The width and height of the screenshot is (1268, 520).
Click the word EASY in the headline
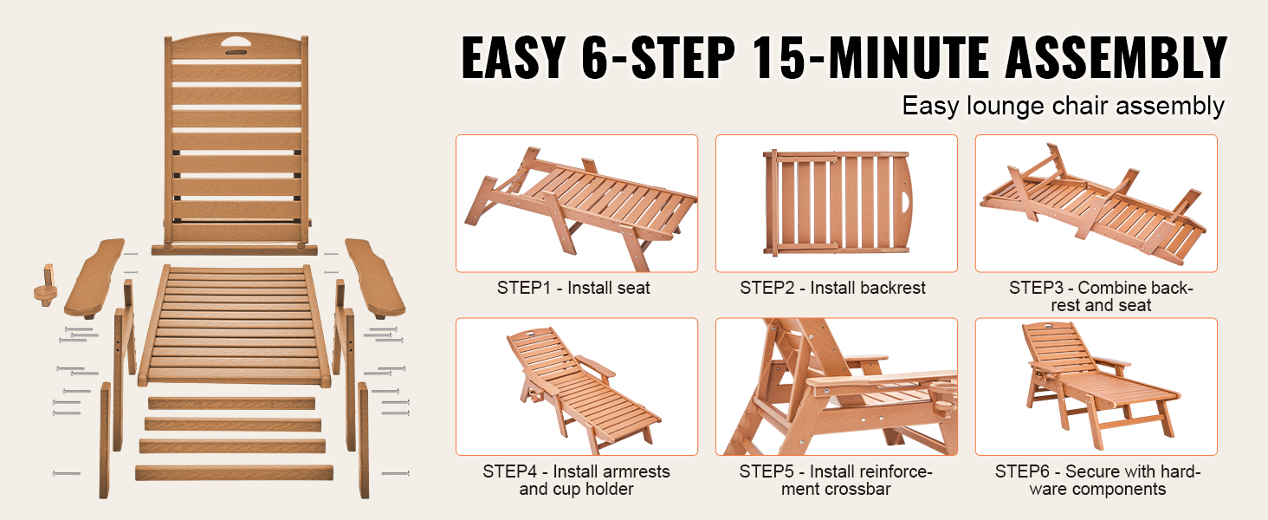[x=514, y=57]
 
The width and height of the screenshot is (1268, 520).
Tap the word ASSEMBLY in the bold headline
[x=1116, y=57]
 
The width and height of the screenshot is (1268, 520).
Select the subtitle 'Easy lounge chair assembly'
[x=1063, y=106]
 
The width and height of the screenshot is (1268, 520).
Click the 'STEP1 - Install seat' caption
[x=573, y=288]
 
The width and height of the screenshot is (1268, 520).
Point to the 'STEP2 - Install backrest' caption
[x=832, y=288]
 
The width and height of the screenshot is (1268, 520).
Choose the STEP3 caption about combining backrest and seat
[x=1101, y=296]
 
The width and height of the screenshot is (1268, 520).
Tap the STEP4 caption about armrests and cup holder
[x=576, y=480]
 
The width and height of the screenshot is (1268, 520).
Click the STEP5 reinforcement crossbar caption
[x=836, y=480]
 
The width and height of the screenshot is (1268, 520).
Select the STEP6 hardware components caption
[x=1097, y=480]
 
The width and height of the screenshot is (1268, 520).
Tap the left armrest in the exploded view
[x=94, y=277]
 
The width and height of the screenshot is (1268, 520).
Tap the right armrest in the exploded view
[x=375, y=277]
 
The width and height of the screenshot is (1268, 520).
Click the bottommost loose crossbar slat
[x=234, y=473]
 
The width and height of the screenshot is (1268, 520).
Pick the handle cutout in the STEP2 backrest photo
[x=906, y=202]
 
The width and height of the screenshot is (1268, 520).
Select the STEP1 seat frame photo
[x=577, y=204]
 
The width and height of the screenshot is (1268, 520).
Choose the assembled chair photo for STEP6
[x=1096, y=387]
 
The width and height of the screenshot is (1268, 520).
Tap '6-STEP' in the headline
[x=658, y=57]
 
